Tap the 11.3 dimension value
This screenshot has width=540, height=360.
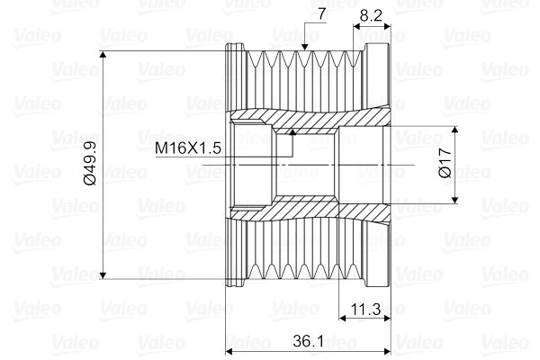pyautogui.click(x=365, y=309)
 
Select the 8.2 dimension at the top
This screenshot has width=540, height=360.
pyautogui.click(x=371, y=15)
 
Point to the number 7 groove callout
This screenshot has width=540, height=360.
pyautogui.click(x=321, y=14)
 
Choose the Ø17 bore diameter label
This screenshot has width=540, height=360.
pyautogui.click(x=445, y=163)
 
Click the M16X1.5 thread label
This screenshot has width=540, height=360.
pyautogui.click(x=188, y=148)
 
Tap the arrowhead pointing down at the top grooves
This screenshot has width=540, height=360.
pyautogui.click(x=304, y=47)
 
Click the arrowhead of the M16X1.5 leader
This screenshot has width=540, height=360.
pyautogui.click(x=292, y=131)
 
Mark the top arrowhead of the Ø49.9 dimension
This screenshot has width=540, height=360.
pyautogui.click(x=103, y=54)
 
